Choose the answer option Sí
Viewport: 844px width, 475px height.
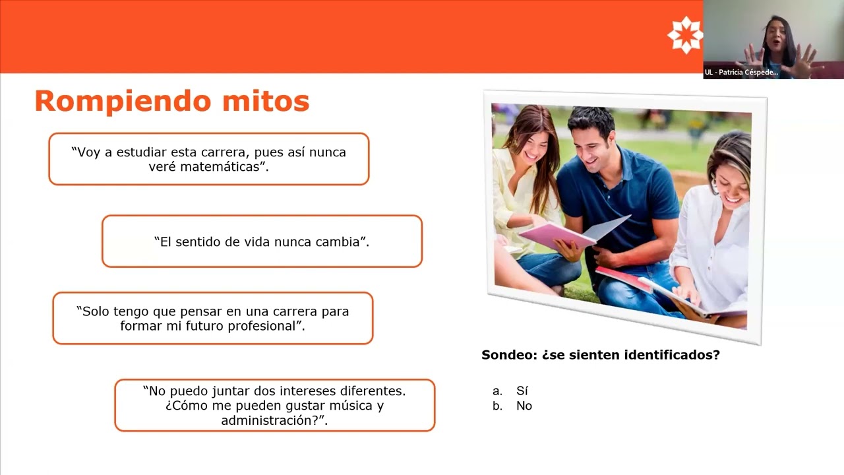(522, 391)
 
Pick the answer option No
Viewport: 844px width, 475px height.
(524, 406)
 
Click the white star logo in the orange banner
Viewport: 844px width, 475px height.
(685, 35)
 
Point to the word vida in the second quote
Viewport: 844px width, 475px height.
(258, 241)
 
